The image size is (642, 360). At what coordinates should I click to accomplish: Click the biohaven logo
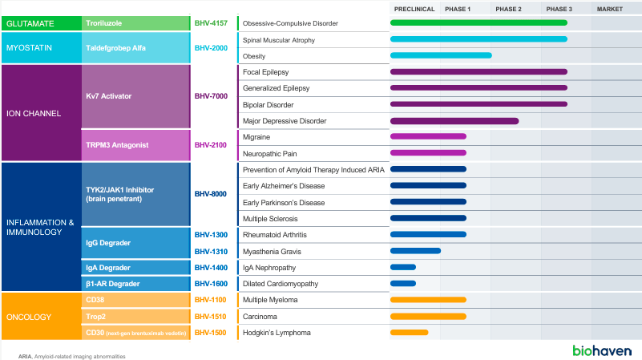601,350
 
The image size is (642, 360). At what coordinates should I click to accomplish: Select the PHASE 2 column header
508,9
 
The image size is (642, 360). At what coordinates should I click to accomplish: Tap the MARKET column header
609,9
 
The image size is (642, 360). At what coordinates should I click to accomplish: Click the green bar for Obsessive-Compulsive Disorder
478,22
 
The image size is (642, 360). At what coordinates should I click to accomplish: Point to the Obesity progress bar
440,55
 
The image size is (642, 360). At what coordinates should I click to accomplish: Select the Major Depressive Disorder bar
454,121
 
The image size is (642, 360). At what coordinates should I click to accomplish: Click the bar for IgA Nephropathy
402,267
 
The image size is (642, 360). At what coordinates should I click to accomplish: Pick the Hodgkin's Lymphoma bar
409,332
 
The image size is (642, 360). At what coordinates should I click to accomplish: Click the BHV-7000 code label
211,96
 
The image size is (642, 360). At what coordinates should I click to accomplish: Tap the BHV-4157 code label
211,23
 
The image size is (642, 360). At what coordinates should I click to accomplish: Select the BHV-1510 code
211,316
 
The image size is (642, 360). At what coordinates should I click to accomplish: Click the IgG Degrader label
108,242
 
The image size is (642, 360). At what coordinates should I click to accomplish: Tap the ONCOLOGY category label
29,316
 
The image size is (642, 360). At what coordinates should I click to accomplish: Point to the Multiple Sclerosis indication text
273,218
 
